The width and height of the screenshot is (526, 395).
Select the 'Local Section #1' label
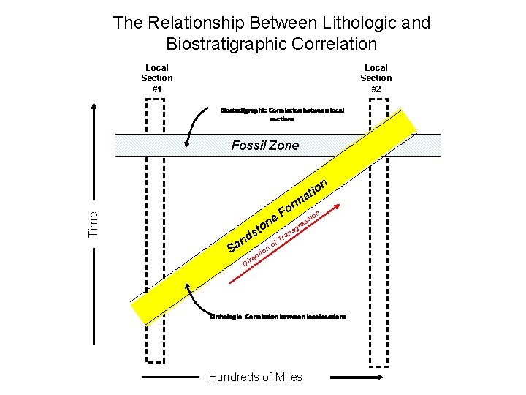[x=157, y=78]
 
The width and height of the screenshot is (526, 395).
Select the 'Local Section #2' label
[x=376, y=78]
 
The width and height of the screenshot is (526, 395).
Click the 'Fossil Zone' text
[x=264, y=146]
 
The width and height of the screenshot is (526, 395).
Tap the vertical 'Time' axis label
[x=92, y=222]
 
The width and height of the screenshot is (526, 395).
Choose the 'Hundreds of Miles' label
[x=255, y=377]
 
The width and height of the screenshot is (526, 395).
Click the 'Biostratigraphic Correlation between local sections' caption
[x=281, y=114]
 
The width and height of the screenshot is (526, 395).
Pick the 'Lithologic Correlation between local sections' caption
[x=278, y=316]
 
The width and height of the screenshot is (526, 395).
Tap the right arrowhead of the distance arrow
[x=380, y=377]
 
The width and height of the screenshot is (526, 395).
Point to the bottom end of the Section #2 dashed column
[x=378, y=361]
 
